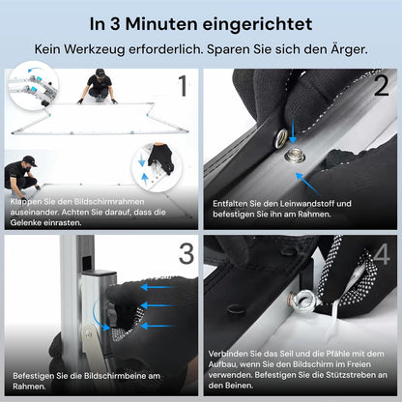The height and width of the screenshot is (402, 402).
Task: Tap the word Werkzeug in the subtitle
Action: click(94, 49)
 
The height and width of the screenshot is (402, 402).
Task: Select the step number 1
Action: click(183, 86)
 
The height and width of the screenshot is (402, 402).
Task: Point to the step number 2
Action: click(382, 86)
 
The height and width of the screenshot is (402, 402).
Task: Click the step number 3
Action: click(187, 253)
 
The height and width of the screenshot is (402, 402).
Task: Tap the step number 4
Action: click(382, 254)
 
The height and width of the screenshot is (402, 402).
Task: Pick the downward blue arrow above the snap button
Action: click(293, 130)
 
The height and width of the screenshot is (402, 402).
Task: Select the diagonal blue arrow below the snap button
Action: click(307, 184)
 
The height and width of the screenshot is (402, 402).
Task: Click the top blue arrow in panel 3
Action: click(158, 287)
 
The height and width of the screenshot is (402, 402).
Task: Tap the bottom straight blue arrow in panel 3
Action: click(158, 326)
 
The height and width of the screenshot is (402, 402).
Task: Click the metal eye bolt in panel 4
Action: click(304, 300)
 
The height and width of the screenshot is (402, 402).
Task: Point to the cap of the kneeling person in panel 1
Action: click(101, 72)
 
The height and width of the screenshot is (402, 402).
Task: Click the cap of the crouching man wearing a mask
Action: click(30, 160)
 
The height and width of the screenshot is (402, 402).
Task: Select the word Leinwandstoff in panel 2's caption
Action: click(307, 204)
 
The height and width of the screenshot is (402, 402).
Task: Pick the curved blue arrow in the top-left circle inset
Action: click(35, 70)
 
